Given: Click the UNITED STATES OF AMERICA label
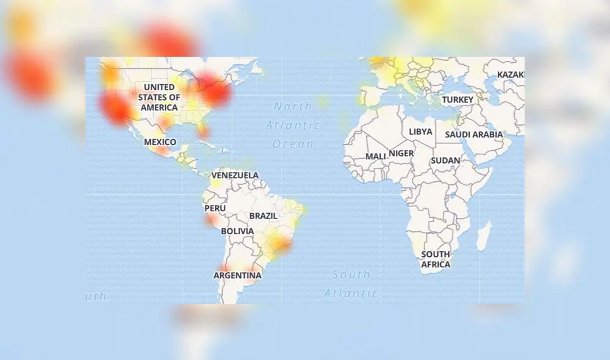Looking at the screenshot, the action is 159,97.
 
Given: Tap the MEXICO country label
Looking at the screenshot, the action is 160,142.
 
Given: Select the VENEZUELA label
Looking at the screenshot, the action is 235,175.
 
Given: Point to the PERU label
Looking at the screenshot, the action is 215,208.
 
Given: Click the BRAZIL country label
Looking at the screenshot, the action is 264,216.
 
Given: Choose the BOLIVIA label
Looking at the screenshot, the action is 237,231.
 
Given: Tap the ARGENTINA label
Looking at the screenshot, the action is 237,275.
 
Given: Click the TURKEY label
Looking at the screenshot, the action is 457,99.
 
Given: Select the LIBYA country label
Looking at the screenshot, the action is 420,131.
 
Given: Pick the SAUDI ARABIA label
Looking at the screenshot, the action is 478,134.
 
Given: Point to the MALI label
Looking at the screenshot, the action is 375,156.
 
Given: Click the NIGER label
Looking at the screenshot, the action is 401,153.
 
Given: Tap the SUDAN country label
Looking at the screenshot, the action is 445,160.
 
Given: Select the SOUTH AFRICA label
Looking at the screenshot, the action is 436,259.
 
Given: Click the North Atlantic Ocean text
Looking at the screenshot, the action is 293,125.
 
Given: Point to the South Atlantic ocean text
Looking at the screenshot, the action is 351,284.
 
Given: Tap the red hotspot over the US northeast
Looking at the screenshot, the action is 213,90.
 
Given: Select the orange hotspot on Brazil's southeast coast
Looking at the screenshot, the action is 279,245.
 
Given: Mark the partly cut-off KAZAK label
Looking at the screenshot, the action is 510,74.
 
